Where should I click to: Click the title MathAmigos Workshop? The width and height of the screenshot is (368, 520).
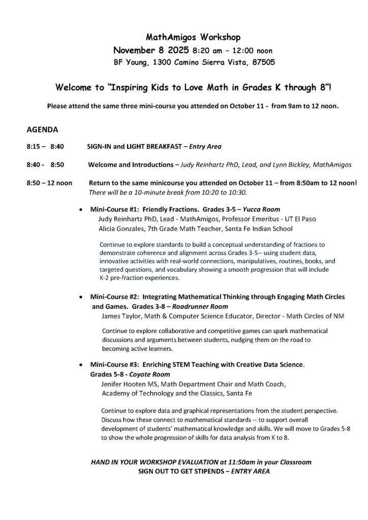coord(186,37)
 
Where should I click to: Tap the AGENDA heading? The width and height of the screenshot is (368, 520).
coord(43,129)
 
